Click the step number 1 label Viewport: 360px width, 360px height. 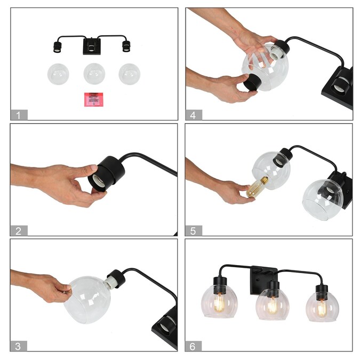pyautogui.click(x=19, y=115)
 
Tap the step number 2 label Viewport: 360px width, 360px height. pyautogui.click(x=19, y=230)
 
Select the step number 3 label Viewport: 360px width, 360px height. pyautogui.click(x=18, y=346)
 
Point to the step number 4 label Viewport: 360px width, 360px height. pyautogui.click(x=194, y=115)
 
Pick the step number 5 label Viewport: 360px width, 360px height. pyautogui.click(x=194, y=230)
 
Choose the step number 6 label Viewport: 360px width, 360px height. pyautogui.click(x=193, y=346)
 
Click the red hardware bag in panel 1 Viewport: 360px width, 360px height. pyautogui.click(x=94, y=99)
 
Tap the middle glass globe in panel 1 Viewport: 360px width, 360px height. pyautogui.click(x=94, y=74)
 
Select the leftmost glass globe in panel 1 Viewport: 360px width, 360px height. pyautogui.click(x=58, y=74)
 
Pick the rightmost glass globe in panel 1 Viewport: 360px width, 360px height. pyautogui.click(x=130, y=74)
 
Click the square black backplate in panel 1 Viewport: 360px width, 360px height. pyautogui.click(x=92, y=46)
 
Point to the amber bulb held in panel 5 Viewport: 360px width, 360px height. pyautogui.click(x=257, y=187)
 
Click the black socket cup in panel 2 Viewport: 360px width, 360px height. pyautogui.click(x=106, y=173)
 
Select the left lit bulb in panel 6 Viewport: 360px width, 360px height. pyautogui.click(x=219, y=302)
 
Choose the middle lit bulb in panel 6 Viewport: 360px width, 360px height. pyautogui.click(x=273, y=306)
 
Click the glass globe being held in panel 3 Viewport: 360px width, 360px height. pyautogui.click(x=87, y=300)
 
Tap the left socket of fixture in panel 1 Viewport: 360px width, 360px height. pyautogui.click(x=57, y=46)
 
